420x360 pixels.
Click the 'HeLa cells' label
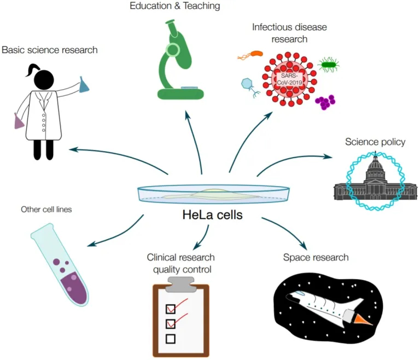coord(212,215)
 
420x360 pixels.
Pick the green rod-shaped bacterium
coord(329,65)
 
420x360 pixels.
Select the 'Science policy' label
coord(375,142)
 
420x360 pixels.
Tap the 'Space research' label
coord(316,257)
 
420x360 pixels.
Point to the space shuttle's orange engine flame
coord(360,319)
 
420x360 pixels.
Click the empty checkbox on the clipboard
coord(171,339)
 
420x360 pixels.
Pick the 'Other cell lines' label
coord(46,209)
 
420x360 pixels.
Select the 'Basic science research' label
coord(50,50)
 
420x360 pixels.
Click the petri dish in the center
coord(213,193)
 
